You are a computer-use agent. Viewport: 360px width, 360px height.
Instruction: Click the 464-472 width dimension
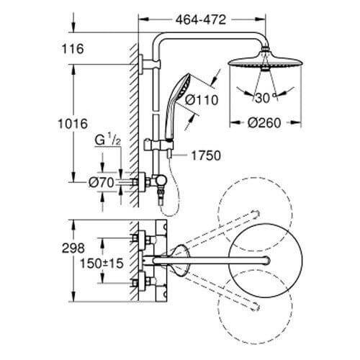tap(201, 19)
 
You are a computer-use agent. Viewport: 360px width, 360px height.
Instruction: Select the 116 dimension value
tap(73, 49)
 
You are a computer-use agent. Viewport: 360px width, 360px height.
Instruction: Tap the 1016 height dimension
tap(73, 124)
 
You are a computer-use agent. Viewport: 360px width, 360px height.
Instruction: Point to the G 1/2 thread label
tap(107, 140)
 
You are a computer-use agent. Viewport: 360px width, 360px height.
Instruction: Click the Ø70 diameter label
tap(101, 183)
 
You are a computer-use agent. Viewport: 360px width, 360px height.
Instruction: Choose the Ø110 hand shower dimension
tap(202, 99)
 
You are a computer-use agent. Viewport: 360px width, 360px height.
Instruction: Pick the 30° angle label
tap(265, 98)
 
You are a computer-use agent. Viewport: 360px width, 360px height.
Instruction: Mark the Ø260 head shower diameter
tap(264, 123)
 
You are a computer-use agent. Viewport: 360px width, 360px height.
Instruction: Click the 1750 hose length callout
tap(206, 156)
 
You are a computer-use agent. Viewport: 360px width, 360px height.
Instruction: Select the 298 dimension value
tap(73, 248)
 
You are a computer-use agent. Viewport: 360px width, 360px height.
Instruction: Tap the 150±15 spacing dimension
tap(102, 264)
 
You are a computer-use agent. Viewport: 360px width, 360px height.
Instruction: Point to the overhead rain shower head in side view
tap(265, 62)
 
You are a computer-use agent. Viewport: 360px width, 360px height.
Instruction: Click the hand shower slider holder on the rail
tap(158, 145)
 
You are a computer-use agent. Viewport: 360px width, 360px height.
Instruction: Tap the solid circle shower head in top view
tap(266, 261)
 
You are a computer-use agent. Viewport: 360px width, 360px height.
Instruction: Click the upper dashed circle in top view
tap(255, 215)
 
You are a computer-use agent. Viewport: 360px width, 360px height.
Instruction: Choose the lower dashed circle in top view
tap(256, 307)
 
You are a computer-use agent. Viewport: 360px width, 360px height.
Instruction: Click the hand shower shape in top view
tap(181, 261)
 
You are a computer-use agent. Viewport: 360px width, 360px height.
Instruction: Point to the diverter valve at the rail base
tap(159, 181)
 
